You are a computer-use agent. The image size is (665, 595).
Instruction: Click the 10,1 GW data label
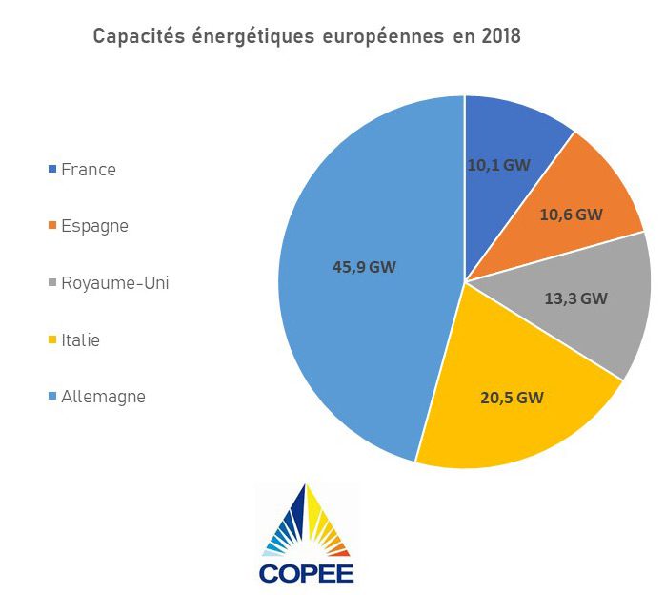498,164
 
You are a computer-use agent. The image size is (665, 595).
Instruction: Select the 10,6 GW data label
571,215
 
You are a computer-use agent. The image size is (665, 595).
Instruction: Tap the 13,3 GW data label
574,297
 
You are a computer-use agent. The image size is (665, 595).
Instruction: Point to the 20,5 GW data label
512,398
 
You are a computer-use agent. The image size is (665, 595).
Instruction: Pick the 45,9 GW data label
364,267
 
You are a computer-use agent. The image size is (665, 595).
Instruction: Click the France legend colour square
51,170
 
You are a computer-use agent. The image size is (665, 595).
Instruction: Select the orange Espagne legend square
51,227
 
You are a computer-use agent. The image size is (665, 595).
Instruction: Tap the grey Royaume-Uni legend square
51,283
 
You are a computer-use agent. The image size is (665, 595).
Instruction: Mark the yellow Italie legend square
51,340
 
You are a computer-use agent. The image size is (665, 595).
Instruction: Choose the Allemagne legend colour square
51,397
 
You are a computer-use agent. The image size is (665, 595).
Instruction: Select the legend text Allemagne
103,397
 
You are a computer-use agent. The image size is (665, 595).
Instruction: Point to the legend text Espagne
94,227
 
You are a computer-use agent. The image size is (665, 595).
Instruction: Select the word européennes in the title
373,38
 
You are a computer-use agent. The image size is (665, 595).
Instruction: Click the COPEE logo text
306,572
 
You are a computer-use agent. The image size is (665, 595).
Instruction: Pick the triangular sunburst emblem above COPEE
306,521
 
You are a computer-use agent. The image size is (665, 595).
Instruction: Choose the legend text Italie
80,340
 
